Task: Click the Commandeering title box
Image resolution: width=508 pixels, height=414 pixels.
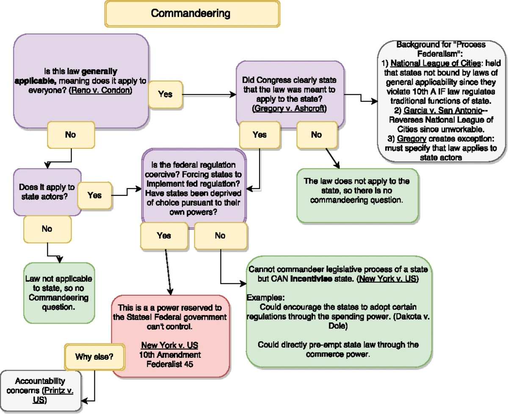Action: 192,14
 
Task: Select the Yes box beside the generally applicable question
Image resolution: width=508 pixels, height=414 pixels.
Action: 165,94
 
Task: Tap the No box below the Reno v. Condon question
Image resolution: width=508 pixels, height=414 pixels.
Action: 70,134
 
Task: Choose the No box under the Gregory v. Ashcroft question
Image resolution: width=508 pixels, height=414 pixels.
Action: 316,134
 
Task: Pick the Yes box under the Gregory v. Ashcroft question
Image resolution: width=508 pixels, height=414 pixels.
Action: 260,134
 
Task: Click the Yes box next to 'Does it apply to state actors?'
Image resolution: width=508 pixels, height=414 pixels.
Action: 94,195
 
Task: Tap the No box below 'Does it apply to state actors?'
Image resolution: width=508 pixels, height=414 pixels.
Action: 47,228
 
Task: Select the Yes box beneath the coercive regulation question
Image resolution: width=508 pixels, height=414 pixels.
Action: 164,236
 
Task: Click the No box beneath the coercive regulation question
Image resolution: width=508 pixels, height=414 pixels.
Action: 220,236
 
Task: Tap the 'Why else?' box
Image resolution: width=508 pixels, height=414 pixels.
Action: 94,356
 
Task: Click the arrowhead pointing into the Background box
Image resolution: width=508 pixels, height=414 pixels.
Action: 374,101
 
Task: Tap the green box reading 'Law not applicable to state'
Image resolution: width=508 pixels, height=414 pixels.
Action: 59,293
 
